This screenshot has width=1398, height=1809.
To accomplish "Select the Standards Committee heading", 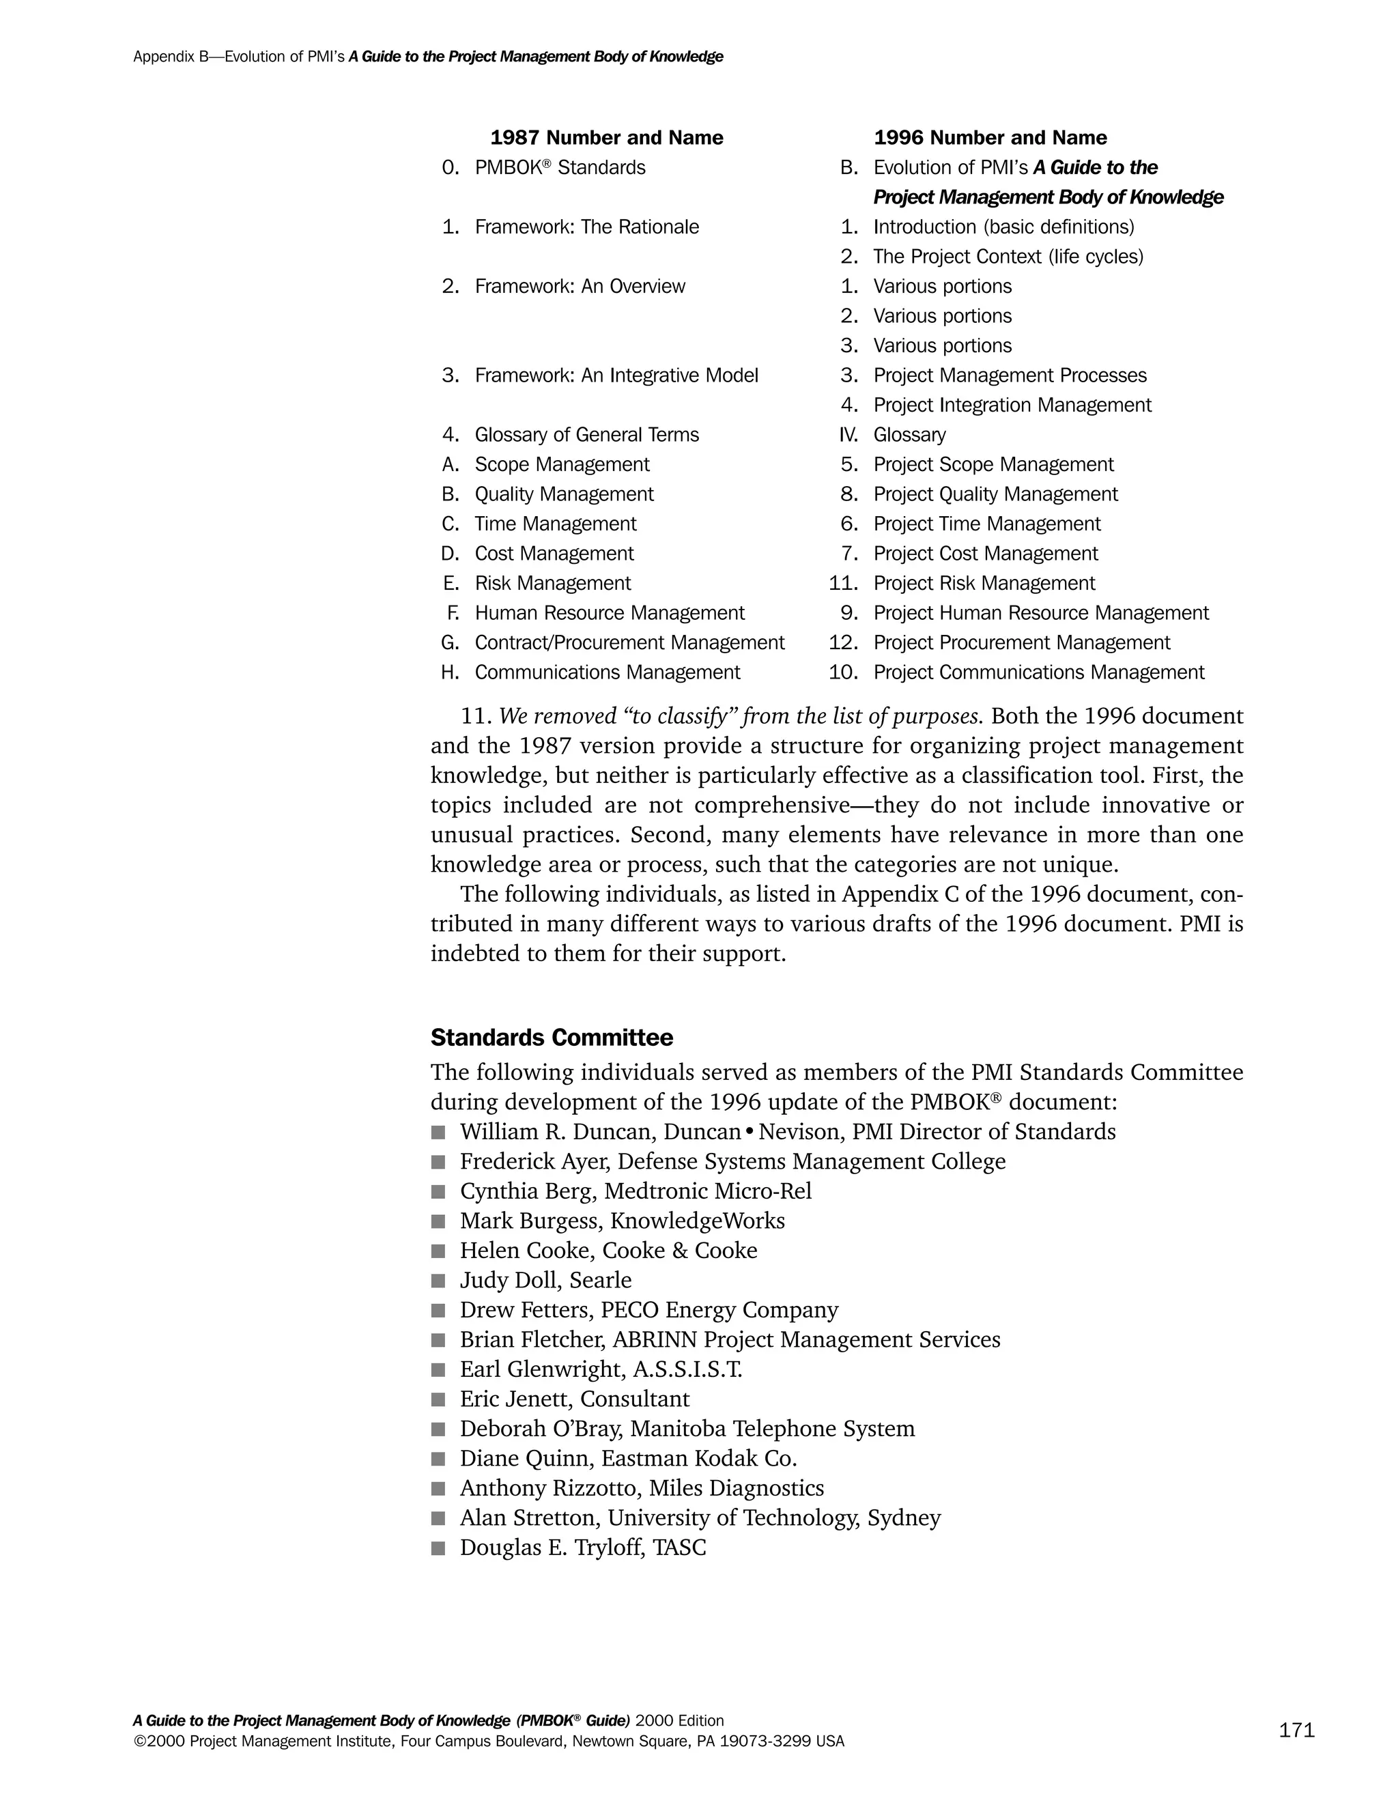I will (x=552, y=1038).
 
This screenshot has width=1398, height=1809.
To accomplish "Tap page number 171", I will (x=1296, y=1730).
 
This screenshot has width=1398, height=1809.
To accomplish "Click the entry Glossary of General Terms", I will (x=586, y=435).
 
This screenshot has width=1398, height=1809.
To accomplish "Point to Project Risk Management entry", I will (x=984, y=583).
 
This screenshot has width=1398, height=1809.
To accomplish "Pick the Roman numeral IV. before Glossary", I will (x=848, y=435).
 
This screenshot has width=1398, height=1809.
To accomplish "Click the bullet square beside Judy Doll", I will (x=438, y=1281).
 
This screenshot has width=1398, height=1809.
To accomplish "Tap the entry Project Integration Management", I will (x=1012, y=405).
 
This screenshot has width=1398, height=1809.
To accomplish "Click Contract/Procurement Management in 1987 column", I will (x=629, y=643).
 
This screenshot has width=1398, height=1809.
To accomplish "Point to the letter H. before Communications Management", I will (x=450, y=672).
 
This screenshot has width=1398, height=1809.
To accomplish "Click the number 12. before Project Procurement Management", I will (x=843, y=643).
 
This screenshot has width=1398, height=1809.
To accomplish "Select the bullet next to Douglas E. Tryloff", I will (x=438, y=1548).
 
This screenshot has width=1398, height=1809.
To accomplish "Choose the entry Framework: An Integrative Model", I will (x=616, y=375).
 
